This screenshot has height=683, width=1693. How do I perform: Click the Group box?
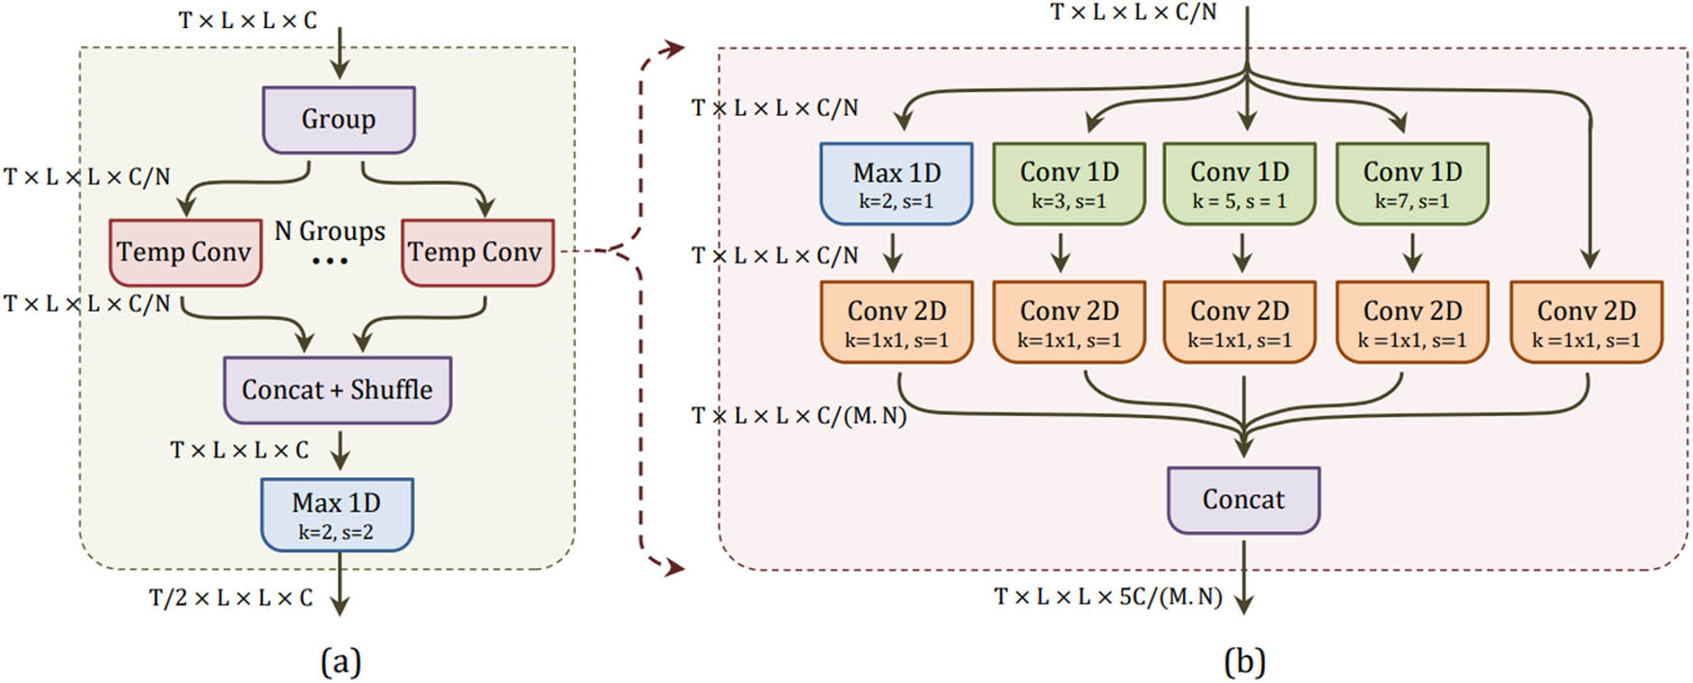[339, 120]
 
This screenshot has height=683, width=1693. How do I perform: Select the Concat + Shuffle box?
[337, 390]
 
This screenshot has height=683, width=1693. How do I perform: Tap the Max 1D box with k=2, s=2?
[337, 515]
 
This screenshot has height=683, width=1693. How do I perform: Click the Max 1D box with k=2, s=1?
[896, 184]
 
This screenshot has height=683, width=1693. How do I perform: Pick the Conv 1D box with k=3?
[1069, 184]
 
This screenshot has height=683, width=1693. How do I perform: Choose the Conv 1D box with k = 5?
[1239, 184]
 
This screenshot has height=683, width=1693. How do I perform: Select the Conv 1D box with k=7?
[1411, 184]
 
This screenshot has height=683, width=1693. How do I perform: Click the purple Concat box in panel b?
[1243, 500]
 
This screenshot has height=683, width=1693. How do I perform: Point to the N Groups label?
[330, 231]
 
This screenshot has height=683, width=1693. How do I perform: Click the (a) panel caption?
[341, 662]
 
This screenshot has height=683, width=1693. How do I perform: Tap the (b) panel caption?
[1244, 662]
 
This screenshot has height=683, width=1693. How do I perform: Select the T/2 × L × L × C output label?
[231, 598]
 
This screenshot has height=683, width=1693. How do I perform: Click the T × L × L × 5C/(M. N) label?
[1109, 596]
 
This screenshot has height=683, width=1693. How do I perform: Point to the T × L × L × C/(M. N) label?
[799, 416]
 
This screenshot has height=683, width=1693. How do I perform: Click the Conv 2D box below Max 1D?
[896, 322]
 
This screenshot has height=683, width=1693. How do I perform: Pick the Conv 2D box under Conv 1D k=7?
[1411, 322]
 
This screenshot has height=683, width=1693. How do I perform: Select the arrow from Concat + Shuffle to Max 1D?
[340, 451]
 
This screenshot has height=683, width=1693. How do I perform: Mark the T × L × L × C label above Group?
[248, 20]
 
